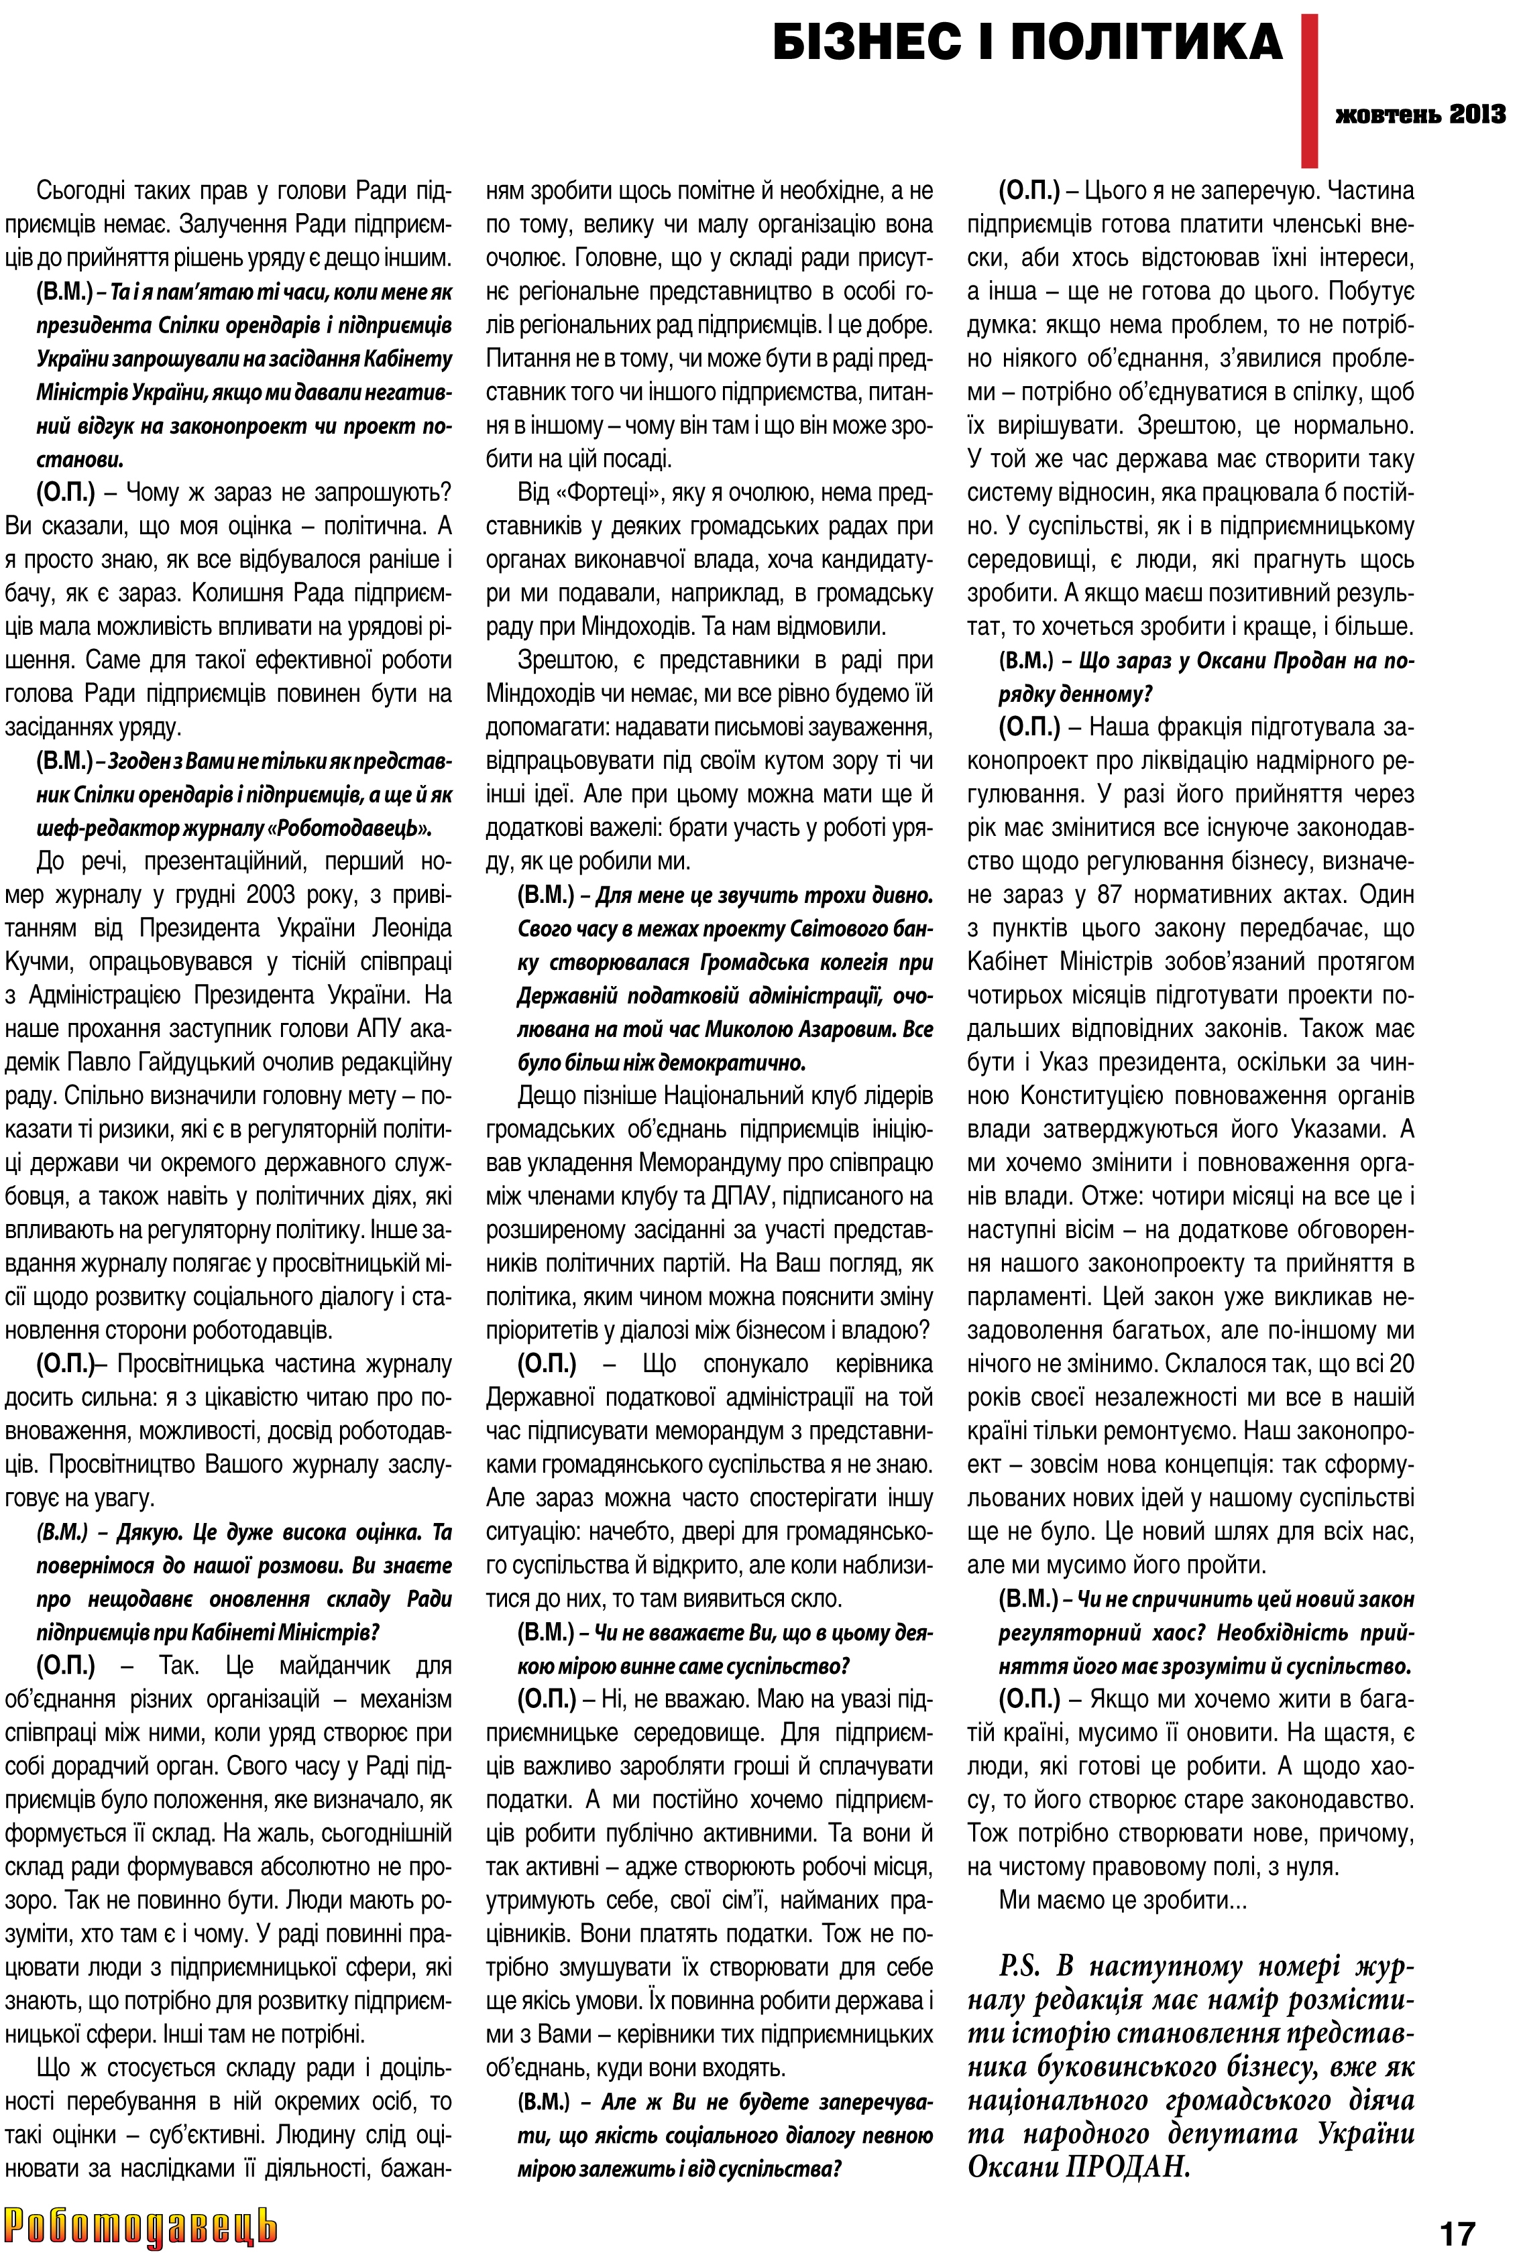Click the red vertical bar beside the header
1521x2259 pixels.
pyautogui.click(x=1310, y=87)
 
